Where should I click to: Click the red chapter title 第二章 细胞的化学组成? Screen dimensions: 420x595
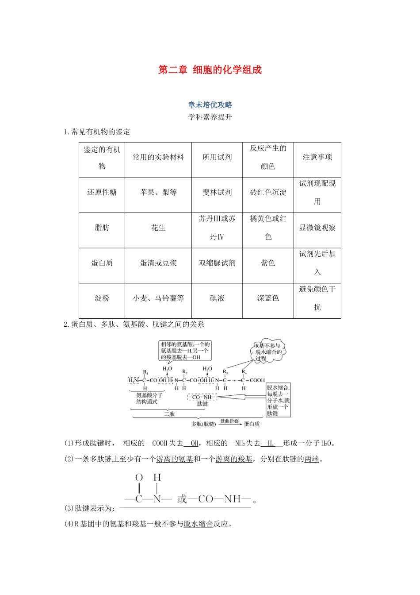tap(210, 70)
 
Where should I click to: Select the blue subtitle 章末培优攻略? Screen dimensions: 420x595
tap(210, 105)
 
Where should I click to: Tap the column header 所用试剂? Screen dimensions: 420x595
tap(217, 157)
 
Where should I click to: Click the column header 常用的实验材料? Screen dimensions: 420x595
tap(158, 157)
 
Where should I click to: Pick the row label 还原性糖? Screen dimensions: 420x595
tap(102, 192)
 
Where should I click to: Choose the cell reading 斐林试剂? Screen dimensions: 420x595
tap(217, 192)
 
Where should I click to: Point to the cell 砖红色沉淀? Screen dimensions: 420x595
tap(268, 192)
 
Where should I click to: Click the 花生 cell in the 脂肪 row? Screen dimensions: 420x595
tap(158, 228)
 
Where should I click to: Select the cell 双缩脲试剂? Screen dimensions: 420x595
tap(217, 263)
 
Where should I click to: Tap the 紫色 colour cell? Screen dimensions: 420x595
tap(268, 263)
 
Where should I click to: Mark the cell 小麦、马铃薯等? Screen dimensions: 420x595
tap(158, 298)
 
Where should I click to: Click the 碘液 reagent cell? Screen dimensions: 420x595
tap(217, 298)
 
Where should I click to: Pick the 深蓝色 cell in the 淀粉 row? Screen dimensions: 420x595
tap(268, 298)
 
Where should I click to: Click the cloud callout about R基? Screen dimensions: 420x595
tap(268, 352)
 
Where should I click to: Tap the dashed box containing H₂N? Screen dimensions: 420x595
tap(134, 380)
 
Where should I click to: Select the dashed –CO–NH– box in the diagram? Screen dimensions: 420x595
tap(202, 397)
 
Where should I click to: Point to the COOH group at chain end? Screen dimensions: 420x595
tap(257, 380)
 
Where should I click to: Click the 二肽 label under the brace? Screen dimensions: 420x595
tap(169, 414)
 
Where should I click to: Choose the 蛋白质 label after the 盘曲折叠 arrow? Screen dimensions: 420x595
tap(252, 424)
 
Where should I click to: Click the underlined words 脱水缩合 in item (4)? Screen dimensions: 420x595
tap(199, 524)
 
